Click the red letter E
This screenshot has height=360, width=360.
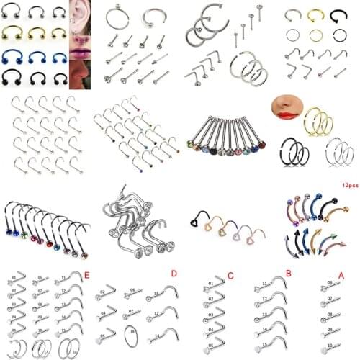tap(87, 274)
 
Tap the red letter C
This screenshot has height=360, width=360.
tap(230, 274)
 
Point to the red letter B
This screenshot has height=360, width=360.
tap(287, 274)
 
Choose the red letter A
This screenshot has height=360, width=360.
tap(341, 274)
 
